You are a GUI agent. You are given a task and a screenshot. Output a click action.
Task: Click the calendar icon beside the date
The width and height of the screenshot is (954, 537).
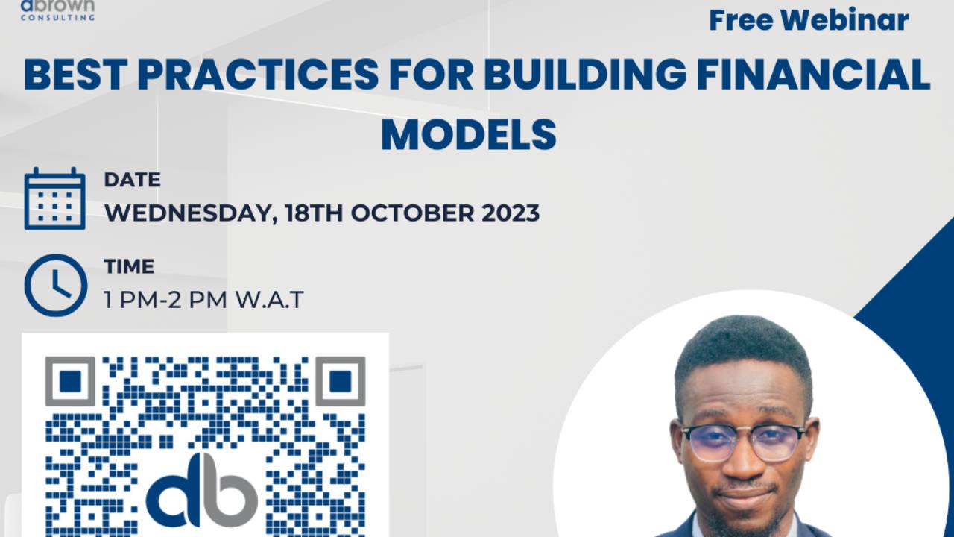54,198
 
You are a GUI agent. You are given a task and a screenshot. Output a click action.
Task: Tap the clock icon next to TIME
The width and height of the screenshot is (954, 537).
55,285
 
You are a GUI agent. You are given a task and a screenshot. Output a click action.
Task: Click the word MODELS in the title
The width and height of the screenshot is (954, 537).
469,135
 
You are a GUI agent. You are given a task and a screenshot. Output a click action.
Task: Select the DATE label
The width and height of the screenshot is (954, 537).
132,180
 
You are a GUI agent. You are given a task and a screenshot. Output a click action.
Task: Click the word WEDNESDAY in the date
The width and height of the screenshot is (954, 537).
186,213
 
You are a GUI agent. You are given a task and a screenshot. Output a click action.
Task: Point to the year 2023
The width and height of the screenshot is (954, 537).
510,213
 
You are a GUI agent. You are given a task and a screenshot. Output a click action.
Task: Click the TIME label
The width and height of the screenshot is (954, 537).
129,266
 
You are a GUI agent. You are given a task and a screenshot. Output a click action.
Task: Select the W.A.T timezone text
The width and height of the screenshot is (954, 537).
270,300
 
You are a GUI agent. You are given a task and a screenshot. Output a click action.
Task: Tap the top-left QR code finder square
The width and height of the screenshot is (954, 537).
70,381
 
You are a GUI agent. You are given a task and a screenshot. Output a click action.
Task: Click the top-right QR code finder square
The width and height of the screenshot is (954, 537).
340,381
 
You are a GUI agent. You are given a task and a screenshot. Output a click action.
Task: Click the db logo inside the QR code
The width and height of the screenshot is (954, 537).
202,490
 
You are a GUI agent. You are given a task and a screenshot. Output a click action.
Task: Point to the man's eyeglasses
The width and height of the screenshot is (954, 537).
743,442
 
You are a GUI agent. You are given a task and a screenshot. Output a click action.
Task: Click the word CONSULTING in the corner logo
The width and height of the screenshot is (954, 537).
57,18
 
